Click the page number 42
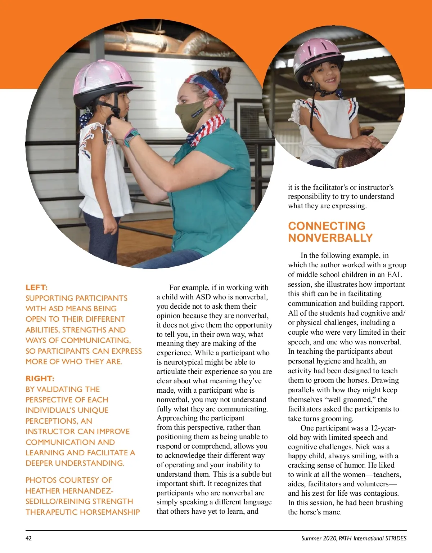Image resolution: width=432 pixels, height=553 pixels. (x=28, y=538)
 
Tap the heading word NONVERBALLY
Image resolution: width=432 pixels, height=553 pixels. (x=330, y=238)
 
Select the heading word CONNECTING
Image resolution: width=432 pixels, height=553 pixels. (x=327, y=226)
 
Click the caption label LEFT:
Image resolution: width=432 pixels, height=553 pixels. (x=36, y=287)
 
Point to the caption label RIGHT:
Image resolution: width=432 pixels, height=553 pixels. (x=40, y=379)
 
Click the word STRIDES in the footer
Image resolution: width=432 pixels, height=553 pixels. (x=396, y=538)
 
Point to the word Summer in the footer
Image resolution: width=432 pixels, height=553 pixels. (x=311, y=538)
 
